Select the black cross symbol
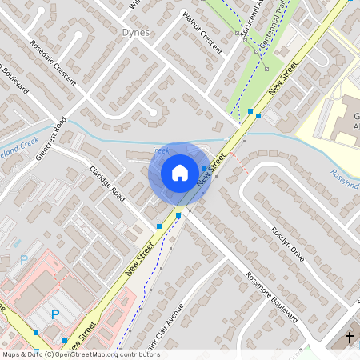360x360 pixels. [x=349, y=338]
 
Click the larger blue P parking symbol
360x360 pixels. [x=54, y=314]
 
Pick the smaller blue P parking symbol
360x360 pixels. [x=23, y=260]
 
